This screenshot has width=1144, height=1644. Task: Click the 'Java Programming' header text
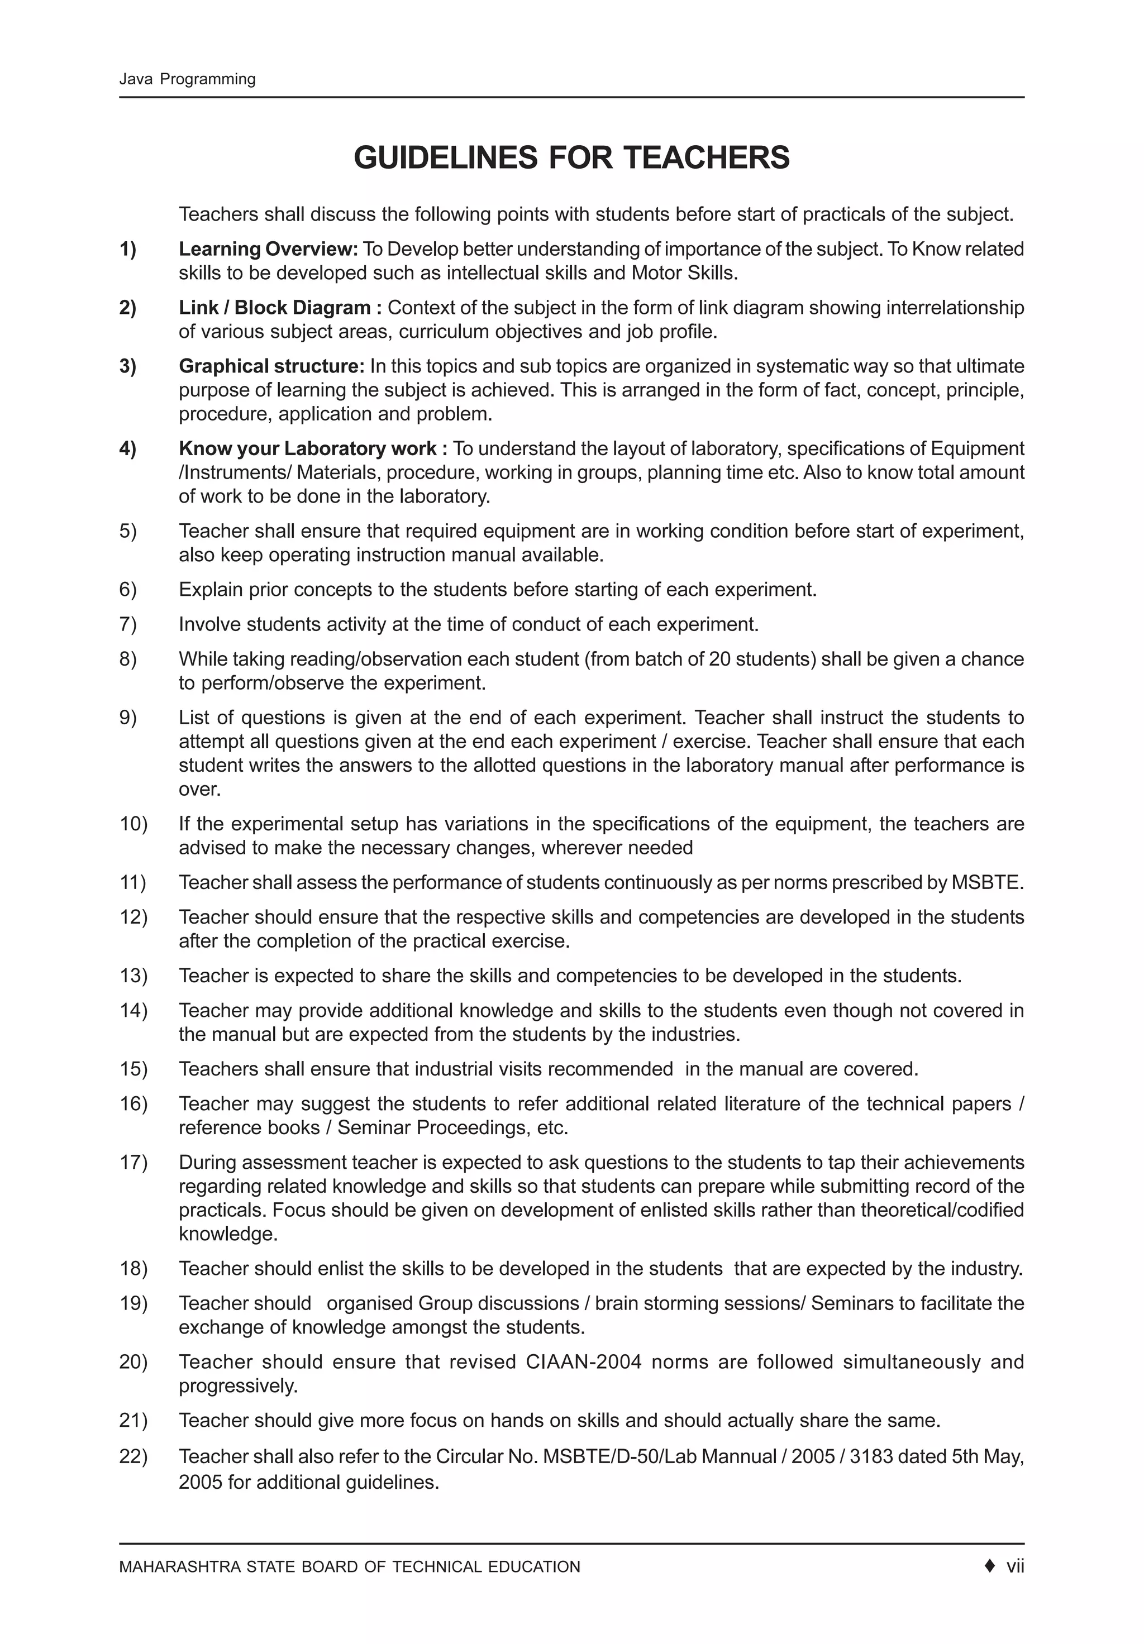(187, 79)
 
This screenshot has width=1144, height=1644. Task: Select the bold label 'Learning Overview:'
(268, 249)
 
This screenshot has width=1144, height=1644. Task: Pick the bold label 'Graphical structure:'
(271, 367)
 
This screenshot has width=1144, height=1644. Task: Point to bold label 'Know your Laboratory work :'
(313, 449)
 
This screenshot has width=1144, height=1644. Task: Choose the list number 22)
(134, 1456)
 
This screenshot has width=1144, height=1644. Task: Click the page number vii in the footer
(1015, 1567)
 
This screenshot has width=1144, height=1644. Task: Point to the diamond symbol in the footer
(990, 1567)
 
